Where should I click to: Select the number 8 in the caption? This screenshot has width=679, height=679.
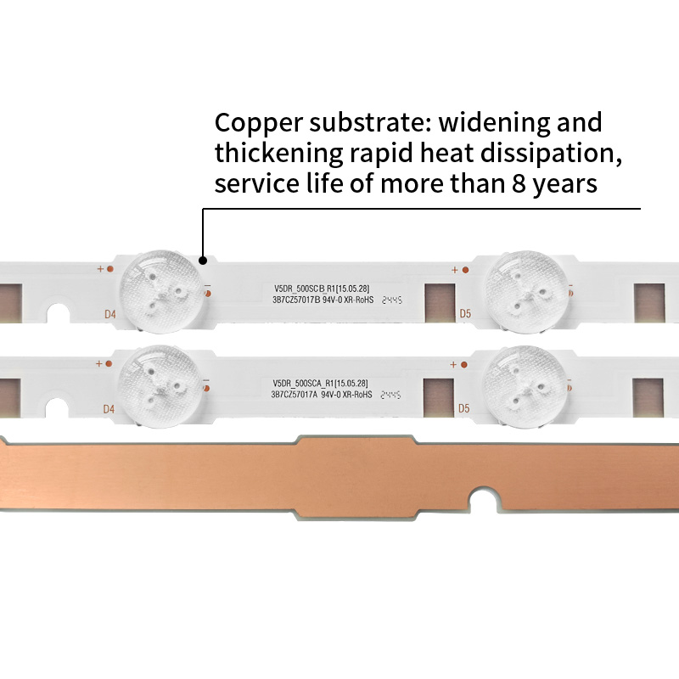(x=517, y=184)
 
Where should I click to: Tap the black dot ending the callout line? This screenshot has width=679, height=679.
(x=202, y=261)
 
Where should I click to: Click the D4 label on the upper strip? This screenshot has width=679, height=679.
(x=109, y=315)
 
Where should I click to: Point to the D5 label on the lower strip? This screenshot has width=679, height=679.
(x=464, y=408)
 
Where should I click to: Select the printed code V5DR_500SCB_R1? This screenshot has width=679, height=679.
(x=299, y=289)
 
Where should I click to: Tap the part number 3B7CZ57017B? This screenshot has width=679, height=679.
(x=294, y=300)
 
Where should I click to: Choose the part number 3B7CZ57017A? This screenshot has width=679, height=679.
(x=294, y=395)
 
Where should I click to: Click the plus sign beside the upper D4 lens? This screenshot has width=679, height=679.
(x=100, y=268)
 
